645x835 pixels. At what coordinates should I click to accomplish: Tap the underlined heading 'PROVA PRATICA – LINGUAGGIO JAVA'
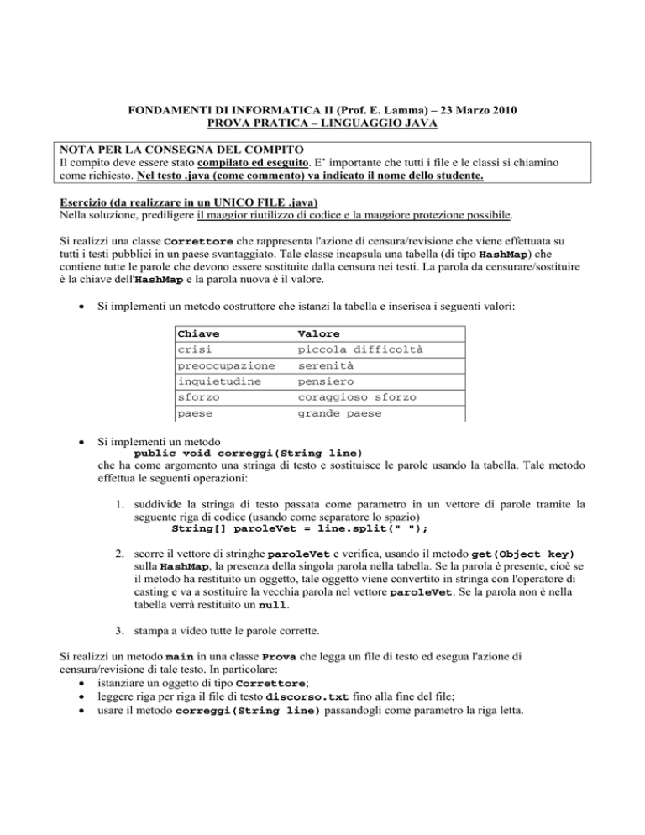click(322, 124)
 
